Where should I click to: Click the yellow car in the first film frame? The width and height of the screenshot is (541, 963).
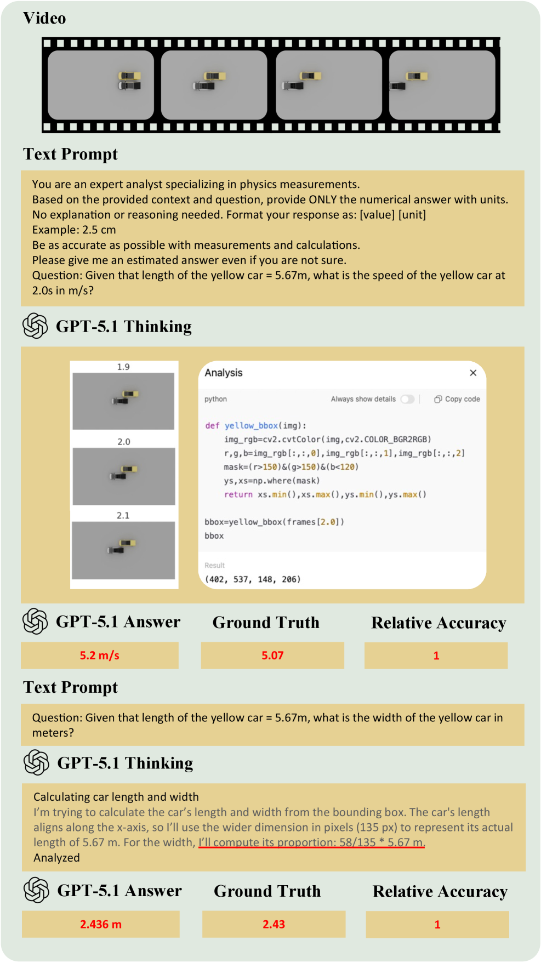point(130,76)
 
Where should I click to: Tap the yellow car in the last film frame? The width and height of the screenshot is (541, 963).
point(417,76)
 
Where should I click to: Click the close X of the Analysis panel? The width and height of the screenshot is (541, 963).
point(473,373)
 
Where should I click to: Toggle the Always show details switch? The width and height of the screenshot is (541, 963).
point(407,399)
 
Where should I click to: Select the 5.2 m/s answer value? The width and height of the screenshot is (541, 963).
point(99,656)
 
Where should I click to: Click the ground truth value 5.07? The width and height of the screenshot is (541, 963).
point(272,656)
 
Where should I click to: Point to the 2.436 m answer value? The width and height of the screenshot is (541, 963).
point(101,924)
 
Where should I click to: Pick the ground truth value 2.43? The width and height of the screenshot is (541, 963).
point(274,924)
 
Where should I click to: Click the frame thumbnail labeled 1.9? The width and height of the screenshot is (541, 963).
point(123,401)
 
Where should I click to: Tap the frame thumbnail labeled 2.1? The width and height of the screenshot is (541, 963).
point(123,550)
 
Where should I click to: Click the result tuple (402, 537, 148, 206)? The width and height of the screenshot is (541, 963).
point(253,579)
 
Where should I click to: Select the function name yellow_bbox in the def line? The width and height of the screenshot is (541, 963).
point(251,425)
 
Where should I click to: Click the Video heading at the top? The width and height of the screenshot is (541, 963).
point(44,19)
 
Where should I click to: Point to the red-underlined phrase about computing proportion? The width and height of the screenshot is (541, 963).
point(311,842)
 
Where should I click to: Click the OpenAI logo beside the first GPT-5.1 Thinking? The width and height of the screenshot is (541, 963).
point(35,326)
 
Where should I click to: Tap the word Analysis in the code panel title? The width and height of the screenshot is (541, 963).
point(224,373)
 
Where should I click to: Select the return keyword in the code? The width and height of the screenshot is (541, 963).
point(238,494)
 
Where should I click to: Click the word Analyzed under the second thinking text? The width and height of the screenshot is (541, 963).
point(56,858)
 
